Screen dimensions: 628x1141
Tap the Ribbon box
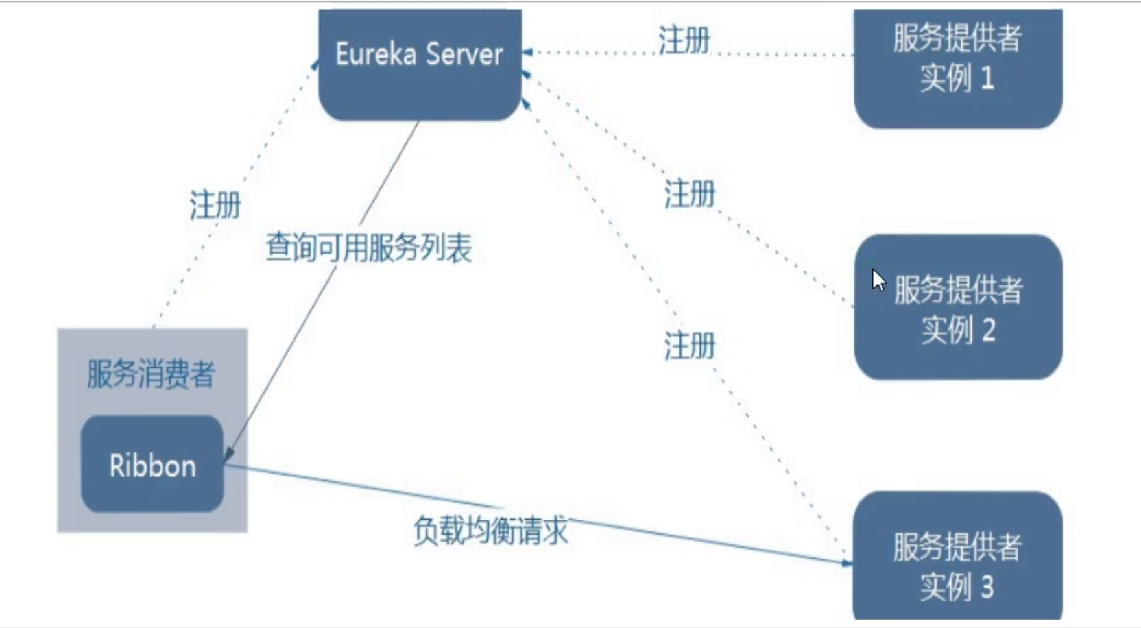(x=152, y=465)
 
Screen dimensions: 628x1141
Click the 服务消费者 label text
(x=150, y=374)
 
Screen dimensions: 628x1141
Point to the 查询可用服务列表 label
(x=368, y=248)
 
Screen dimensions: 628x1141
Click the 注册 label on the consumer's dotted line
(x=215, y=205)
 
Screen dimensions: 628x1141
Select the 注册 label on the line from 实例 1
(x=684, y=40)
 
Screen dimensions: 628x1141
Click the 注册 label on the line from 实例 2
(x=689, y=194)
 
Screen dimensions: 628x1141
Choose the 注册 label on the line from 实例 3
(x=689, y=345)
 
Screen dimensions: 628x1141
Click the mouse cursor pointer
(x=878, y=280)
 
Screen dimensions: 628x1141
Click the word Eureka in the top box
(x=376, y=54)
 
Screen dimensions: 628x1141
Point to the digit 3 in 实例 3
(x=987, y=587)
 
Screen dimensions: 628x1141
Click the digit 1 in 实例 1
(x=987, y=78)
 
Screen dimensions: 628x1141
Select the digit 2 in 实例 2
(x=988, y=330)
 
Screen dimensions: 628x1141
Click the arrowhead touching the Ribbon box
(x=228, y=455)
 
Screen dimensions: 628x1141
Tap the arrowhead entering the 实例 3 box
(x=847, y=563)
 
